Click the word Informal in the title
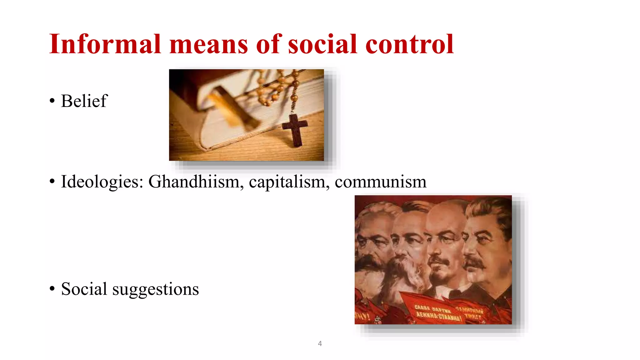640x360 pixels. click(x=105, y=44)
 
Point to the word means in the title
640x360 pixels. click(x=208, y=44)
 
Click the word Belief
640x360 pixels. click(x=84, y=101)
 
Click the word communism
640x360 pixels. click(x=380, y=182)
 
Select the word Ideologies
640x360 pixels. click(x=102, y=182)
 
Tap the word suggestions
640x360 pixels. click(x=155, y=289)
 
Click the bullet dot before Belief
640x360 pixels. click(x=52, y=101)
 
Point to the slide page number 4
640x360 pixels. click(x=320, y=343)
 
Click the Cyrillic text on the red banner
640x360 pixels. click(x=437, y=312)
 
